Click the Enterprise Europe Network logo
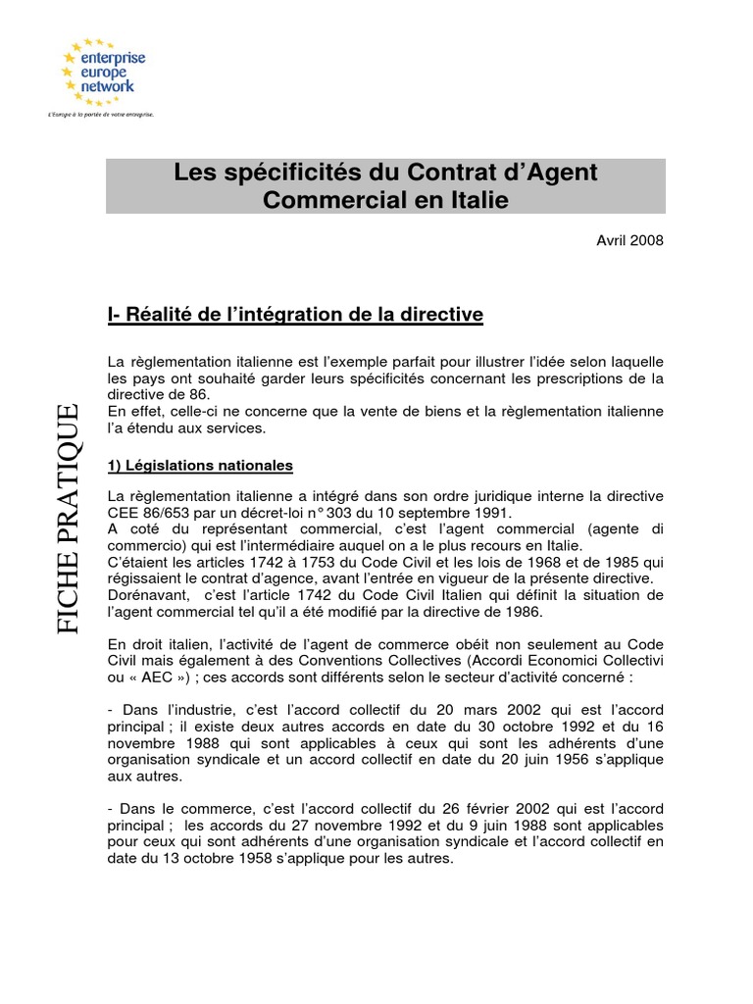coord(103,73)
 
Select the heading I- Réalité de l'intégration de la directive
coord(295,315)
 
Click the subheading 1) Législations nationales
coord(200,465)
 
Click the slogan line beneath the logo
coord(101,115)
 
